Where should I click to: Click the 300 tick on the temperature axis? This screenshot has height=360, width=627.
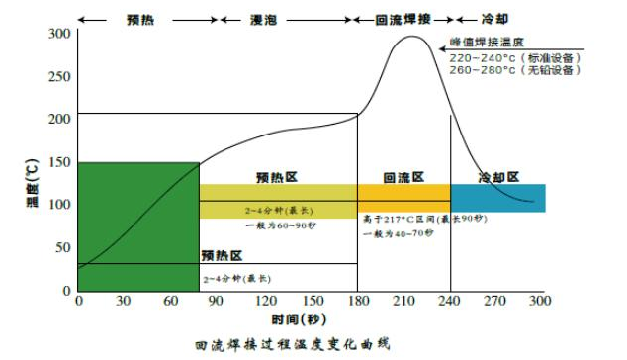(58, 35)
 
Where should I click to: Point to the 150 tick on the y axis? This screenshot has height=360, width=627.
(58, 162)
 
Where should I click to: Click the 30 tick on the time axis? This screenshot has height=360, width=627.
(125, 301)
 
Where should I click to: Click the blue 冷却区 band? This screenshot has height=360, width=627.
(497, 197)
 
